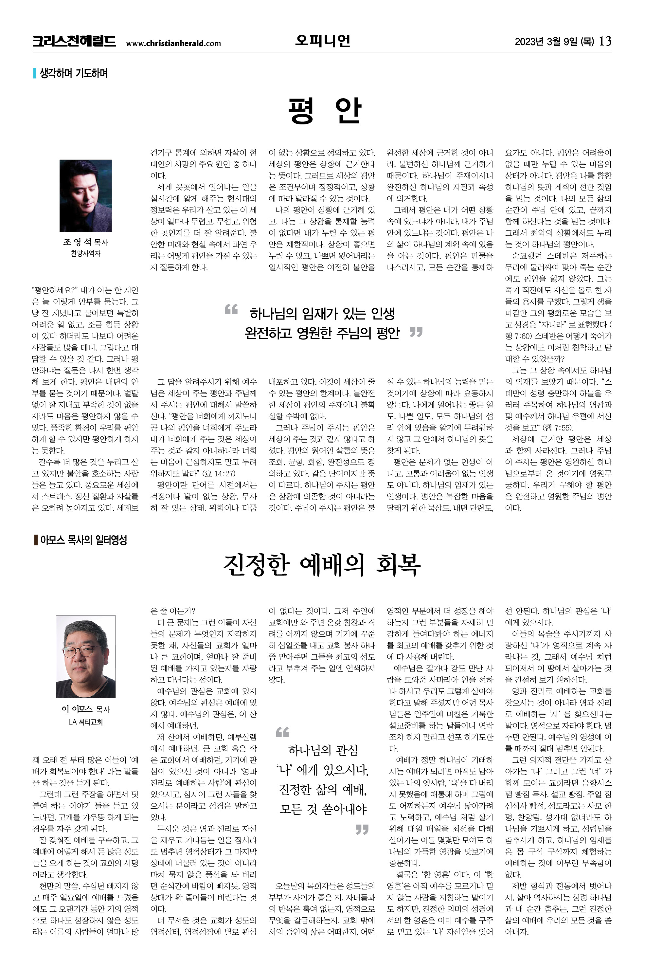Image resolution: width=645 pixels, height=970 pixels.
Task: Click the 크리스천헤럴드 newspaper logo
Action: tap(74, 42)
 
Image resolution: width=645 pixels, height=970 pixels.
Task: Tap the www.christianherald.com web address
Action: tap(173, 43)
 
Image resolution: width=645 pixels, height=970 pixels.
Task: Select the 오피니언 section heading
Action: tap(323, 41)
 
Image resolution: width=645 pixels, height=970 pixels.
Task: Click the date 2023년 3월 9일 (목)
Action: tap(554, 42)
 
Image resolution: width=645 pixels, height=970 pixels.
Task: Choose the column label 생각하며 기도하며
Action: tap(73, 73)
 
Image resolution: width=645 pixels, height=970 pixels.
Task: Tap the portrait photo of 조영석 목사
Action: tap(85, 195)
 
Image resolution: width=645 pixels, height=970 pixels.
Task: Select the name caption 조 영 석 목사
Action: tap(85, 242)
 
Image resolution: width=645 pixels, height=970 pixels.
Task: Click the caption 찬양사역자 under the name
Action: tap(85, 253)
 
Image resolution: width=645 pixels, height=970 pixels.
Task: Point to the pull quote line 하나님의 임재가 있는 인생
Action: tap(322, 314)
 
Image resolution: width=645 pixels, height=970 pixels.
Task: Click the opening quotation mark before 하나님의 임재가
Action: tap(231, 309)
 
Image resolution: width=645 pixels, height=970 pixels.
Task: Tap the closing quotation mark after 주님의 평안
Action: tap(416, 332)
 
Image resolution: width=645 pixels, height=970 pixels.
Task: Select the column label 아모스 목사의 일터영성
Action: tap(83, 540)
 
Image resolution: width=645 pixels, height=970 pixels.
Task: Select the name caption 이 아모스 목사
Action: tap(85, 709)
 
